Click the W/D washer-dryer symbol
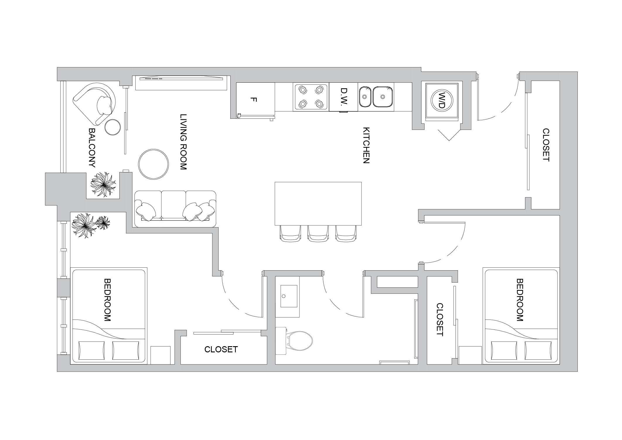(x=442, y=101)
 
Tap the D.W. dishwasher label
(x=343, y=97)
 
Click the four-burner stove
(x=311, y=96)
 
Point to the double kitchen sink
(x=376, y=96)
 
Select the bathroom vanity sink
(x=289, y=296)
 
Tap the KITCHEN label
(x=366, y=145)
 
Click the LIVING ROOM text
(x=183, y=142)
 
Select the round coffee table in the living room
(x=154, y=164)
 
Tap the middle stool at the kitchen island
(x=318, y=233)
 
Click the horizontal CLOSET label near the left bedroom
(x=221, y=349)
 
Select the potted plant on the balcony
(x=103, y=185)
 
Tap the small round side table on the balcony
(x=113, y=127)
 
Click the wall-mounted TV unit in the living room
(x=181, y=83)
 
